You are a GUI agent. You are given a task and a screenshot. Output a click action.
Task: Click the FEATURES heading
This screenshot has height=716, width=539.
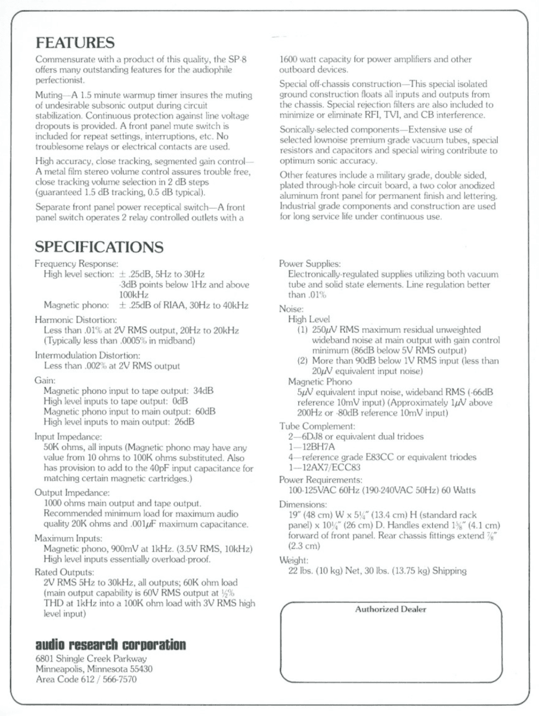pyautogui.click(x=75, y=43)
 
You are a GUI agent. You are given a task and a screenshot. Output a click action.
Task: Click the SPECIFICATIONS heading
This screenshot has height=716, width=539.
pyautogui.click(x=99, y=246)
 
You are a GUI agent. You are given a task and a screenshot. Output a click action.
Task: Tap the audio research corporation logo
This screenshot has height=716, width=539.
pyautogui.click(x=110, y=645)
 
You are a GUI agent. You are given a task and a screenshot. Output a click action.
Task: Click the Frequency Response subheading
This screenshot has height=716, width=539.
pyautogui.click(x=76, y=263)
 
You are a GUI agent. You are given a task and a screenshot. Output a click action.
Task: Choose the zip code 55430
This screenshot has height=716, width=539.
pyautogui.click(x=139, y=669)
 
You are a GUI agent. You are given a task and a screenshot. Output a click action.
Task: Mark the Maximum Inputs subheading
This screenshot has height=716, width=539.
pyautogui.click(x=69, y=538)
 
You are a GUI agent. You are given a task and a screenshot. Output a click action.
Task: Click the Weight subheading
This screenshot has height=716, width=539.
pyautogui.click(x=294, y=561)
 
